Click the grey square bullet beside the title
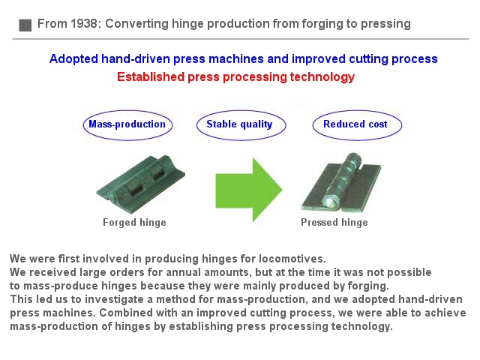(x=25, y=25)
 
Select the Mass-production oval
(x=127, y=125)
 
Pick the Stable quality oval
(x=241, y=125)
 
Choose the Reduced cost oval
(x=357, y=125)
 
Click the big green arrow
(x=248, y=190)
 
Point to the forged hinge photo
(x=141, y=184)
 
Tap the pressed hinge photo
(x=341, y=183)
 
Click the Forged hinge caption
(x=134, y=222)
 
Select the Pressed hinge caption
(x=334, y=222)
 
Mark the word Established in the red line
(x=151, y=76)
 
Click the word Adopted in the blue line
(x=73, y=59)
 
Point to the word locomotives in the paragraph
(x=292, y=259)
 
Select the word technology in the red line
(x=322, y=77)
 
